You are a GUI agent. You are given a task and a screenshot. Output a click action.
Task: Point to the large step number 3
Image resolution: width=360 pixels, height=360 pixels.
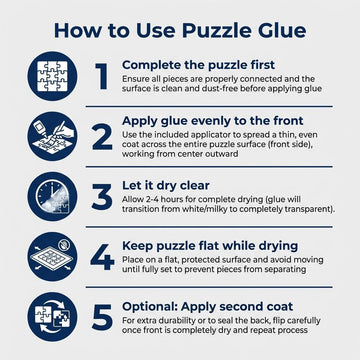100,196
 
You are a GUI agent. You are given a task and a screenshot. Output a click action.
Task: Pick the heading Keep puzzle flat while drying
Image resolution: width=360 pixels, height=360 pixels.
217,243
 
